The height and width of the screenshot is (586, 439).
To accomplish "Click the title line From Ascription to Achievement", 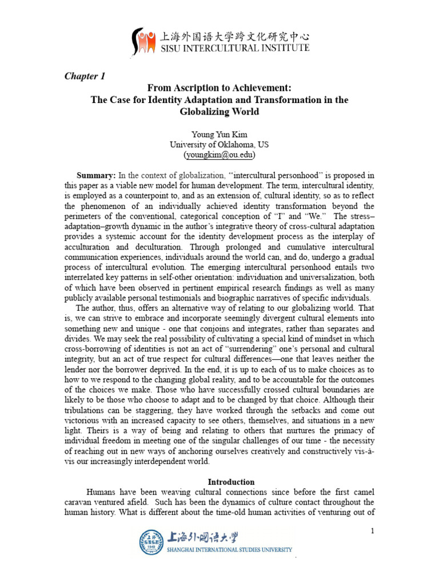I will click(219, 88).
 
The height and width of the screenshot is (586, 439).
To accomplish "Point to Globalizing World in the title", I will click(219, 112).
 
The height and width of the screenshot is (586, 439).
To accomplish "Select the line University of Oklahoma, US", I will click(219, 145).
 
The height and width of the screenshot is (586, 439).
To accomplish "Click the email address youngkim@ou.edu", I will click(219, 155).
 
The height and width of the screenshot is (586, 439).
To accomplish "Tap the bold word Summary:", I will click(97, 175).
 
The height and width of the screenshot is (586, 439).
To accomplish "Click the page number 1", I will click(372, 531).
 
